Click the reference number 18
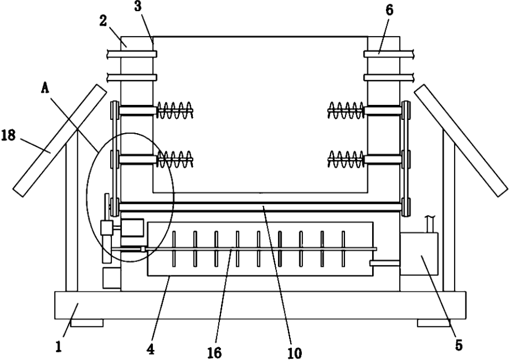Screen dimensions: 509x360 pos(9,135)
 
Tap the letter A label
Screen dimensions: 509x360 pos(45,88)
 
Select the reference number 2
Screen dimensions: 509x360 pos(103,21)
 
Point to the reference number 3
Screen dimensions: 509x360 pos(138,6)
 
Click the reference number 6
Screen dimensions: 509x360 pos(390,11)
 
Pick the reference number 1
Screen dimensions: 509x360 pos(59,347)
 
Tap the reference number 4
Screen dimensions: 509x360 pos(150,349)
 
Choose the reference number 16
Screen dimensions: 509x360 pos(215,353)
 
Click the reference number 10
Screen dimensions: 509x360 pos(295,353)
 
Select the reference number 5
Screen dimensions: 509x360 pos(458,345)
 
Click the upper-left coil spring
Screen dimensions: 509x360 pos(175,110)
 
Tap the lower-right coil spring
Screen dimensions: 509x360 pos(346,159)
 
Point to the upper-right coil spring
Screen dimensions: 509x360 pos(346,110)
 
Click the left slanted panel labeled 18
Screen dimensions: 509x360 pos(60,140)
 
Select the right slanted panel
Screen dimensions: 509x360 pos(461,140)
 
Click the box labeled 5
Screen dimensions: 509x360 pos(419,254)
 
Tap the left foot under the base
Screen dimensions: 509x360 pos(87,323)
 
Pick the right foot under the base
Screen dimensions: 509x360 pos(433,323)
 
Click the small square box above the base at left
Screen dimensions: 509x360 pos(112,278)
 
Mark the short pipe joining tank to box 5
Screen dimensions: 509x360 pos(385,263)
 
